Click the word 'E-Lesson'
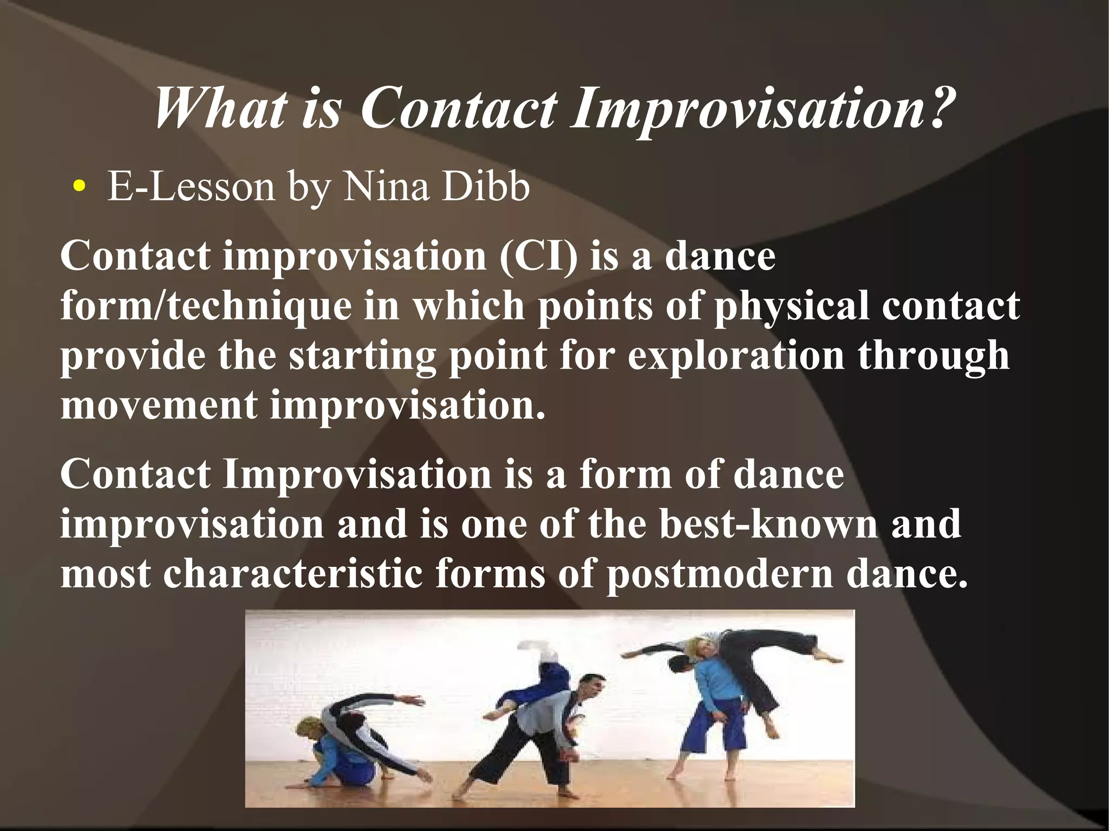click(191, 187)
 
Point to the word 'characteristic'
click(293, 574)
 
